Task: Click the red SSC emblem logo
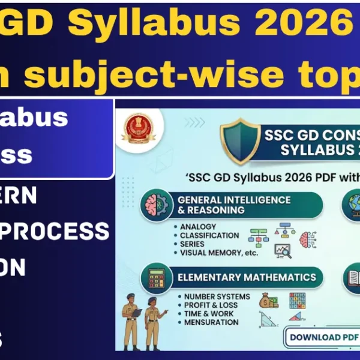134,128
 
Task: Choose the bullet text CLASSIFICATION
209,236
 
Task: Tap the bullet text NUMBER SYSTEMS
217,296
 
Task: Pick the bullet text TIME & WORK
209,314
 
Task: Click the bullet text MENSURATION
211,322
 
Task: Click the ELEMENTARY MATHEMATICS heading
246,277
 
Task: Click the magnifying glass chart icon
281,250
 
